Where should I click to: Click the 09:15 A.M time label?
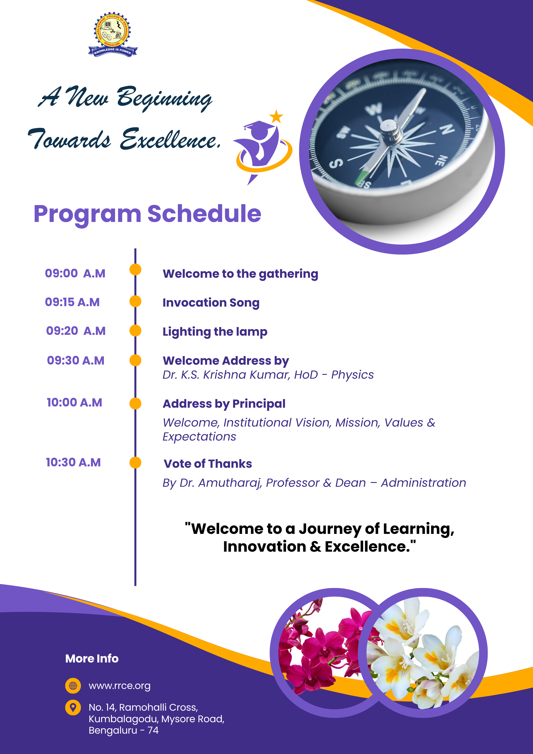point(72,302)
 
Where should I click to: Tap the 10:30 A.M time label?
point(73,462)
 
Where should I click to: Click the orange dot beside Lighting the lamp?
point(135,331)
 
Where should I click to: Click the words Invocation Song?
point(211,303)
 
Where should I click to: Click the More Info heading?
point(92,658)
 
